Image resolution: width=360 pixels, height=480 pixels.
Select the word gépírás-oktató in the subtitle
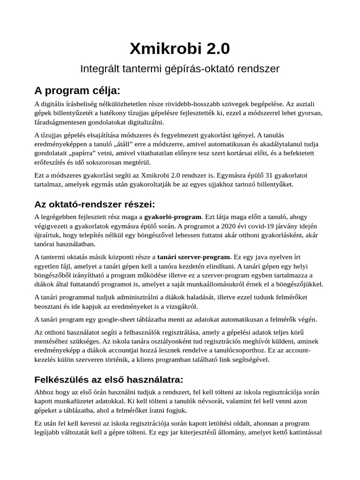(187, 69)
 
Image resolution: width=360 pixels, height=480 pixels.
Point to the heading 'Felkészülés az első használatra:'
(109, 379)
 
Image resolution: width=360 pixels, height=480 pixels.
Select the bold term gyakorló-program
(173, 217)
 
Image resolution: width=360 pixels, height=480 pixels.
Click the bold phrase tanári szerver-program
(194, 257)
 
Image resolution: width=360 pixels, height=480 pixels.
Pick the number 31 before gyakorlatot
(269, 175)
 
